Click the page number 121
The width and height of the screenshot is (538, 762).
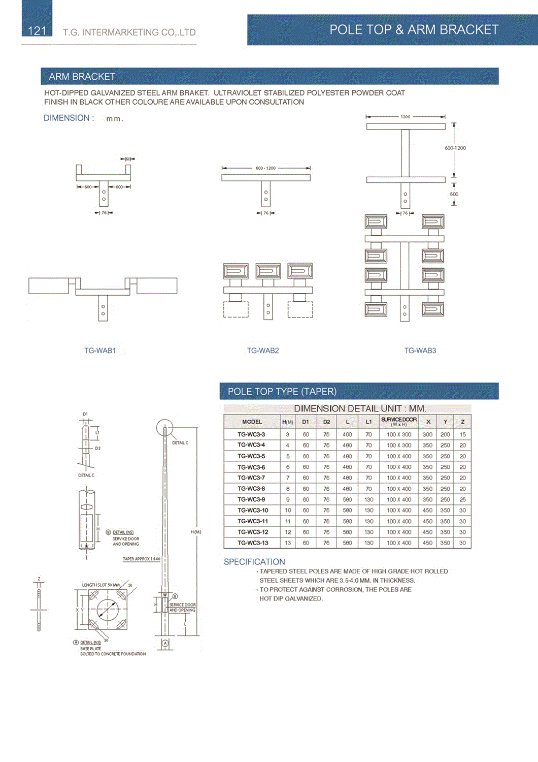37,31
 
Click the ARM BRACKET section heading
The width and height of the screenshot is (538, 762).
82,77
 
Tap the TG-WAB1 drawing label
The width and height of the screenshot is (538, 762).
100,351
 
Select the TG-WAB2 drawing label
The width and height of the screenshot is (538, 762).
263,351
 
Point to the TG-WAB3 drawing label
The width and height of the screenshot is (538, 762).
420,351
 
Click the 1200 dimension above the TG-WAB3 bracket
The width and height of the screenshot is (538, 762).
405,117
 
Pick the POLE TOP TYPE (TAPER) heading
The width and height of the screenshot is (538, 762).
282,392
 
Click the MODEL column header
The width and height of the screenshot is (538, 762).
252,422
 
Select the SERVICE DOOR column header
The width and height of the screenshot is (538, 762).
399,421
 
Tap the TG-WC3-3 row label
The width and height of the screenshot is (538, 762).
251,434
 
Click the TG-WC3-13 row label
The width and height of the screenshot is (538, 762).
253,543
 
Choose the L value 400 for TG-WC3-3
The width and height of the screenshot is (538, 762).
347,434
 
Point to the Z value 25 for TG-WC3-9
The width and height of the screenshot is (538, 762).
462,499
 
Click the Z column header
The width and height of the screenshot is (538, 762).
462,422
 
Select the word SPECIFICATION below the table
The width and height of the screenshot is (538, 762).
254,562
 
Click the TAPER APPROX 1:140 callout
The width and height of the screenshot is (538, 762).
141,559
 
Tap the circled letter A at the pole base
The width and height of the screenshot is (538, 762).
165,644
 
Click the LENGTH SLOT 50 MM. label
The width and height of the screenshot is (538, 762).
101,585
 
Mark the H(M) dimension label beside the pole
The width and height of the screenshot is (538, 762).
196,532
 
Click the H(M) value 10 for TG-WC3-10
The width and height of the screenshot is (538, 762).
288,511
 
